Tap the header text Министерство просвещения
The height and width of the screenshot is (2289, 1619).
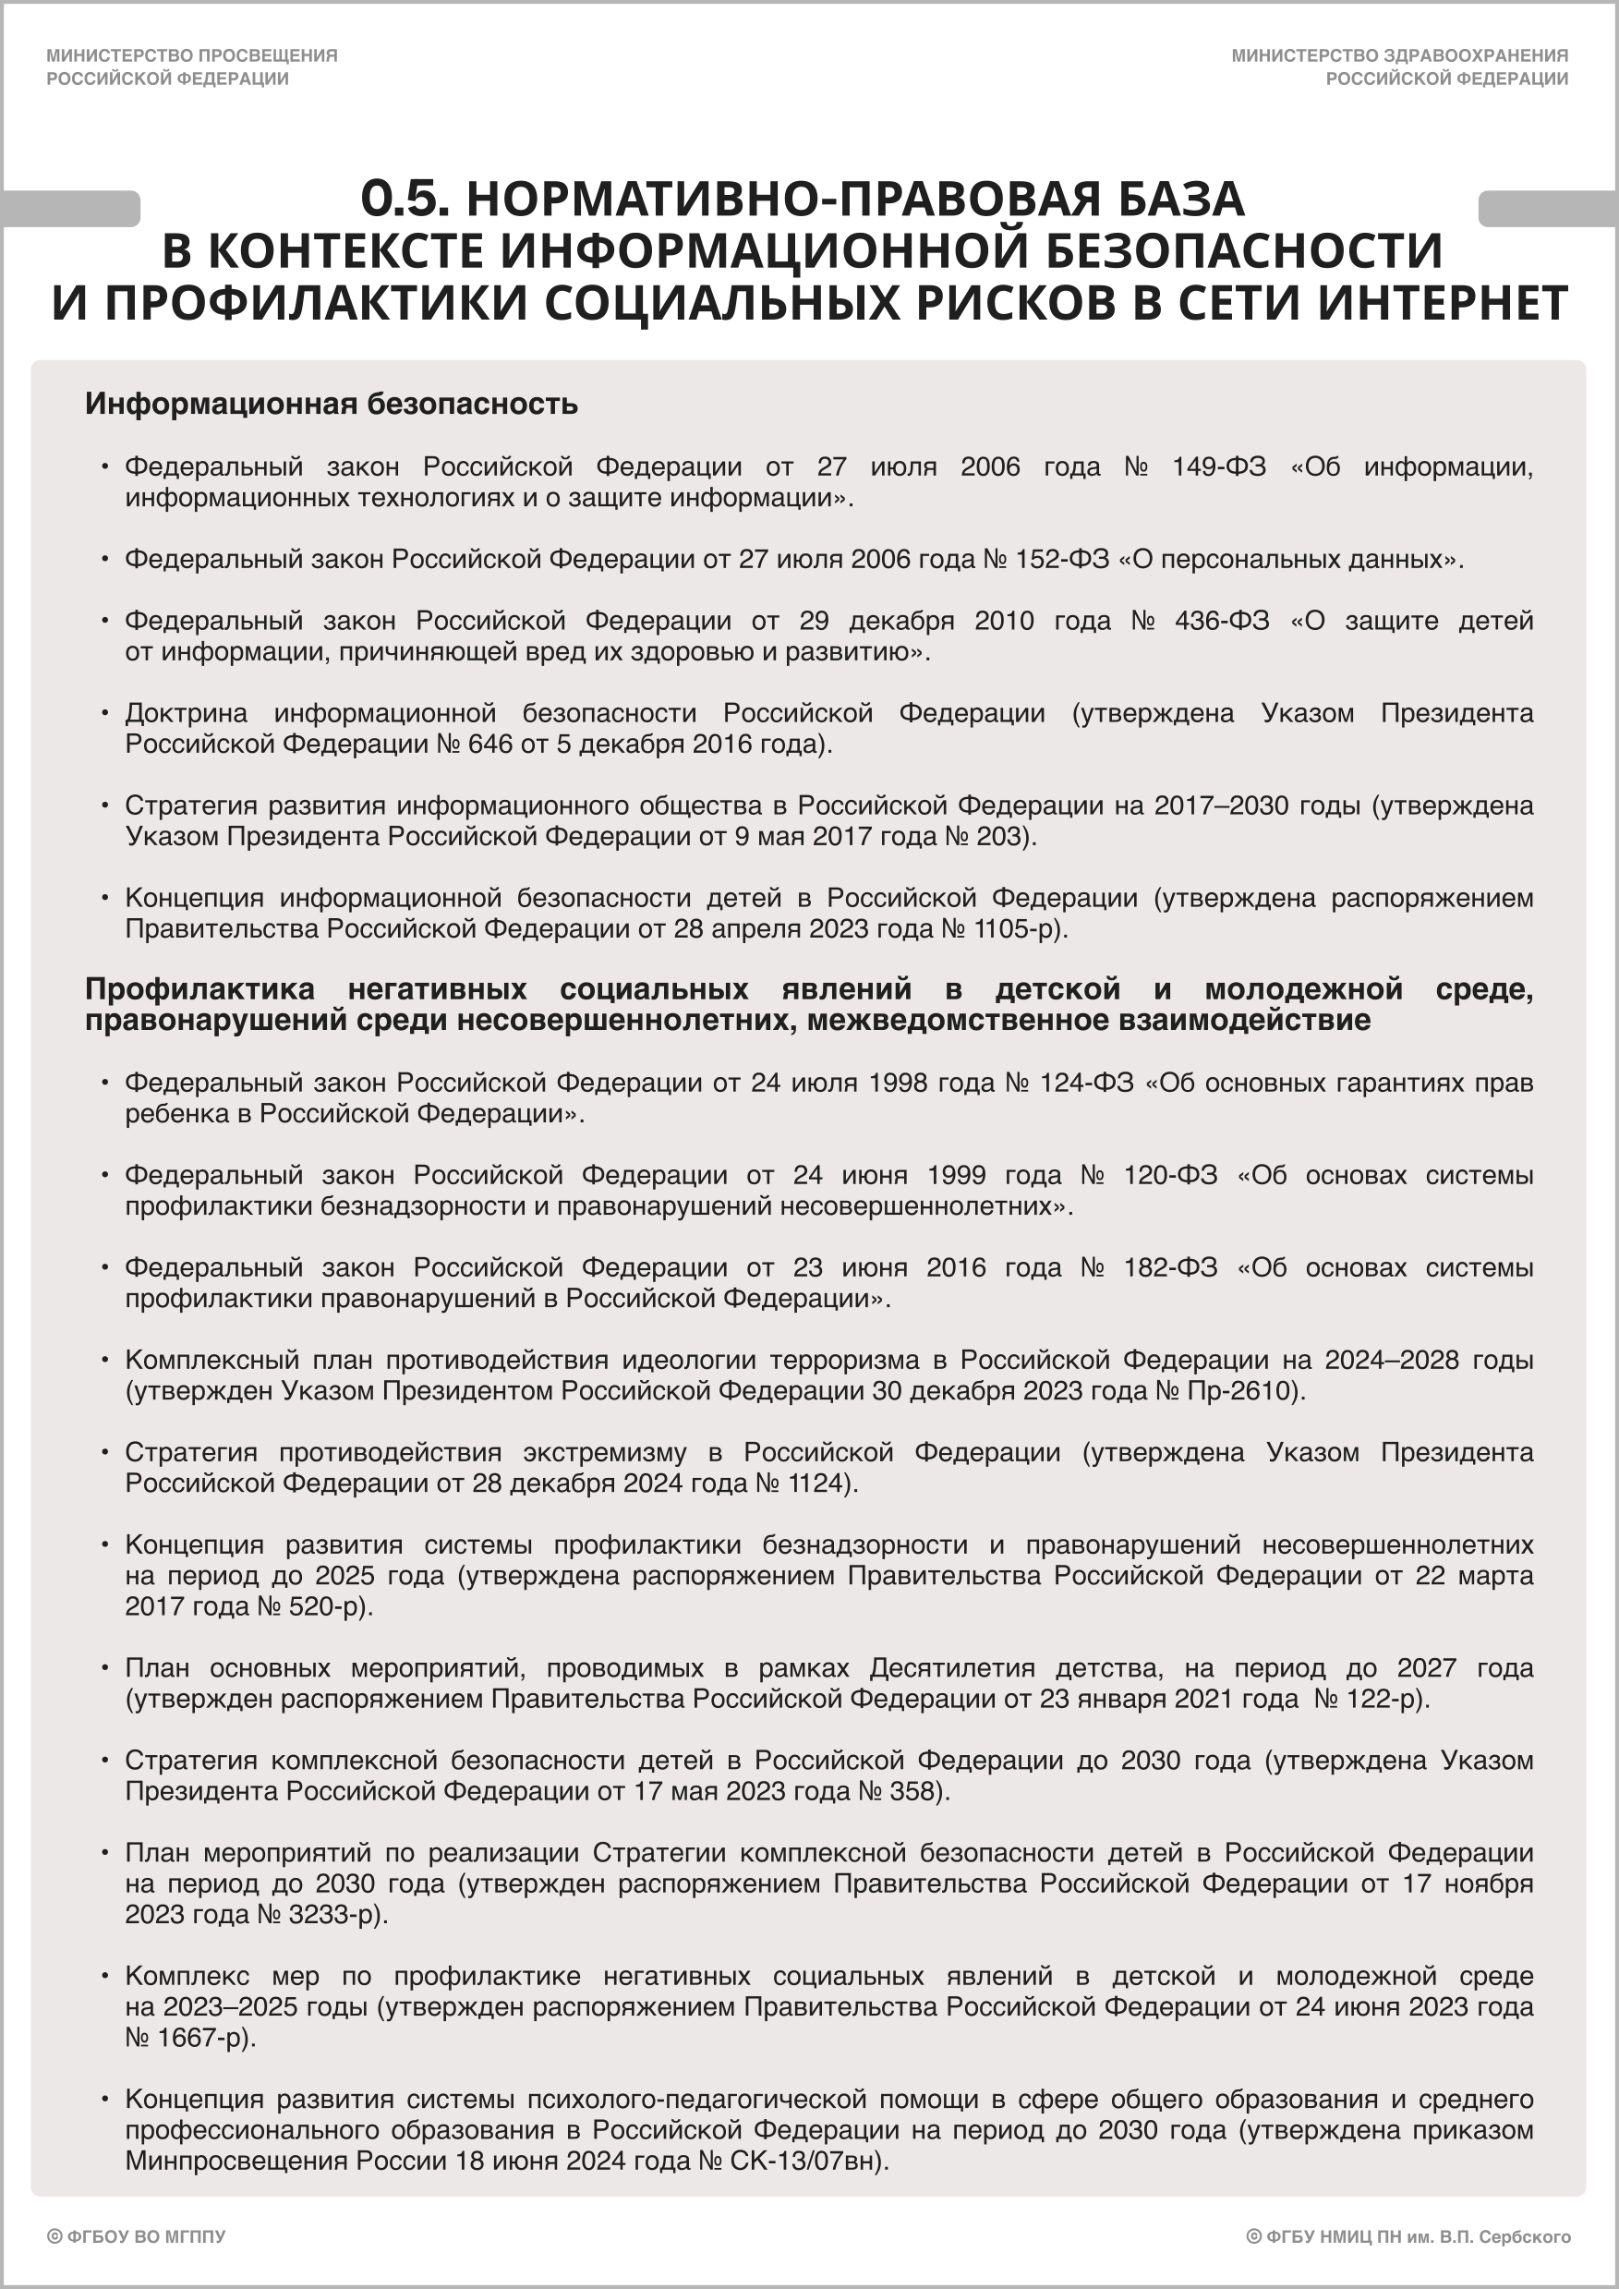(x=191, y=55)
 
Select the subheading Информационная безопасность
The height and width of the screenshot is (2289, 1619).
(x=331, y=404)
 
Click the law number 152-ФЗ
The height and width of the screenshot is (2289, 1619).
(x=1062, y=559)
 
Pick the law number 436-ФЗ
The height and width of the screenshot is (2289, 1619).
(x=1221, y=621)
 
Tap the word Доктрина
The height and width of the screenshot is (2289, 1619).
(x=187, y=713)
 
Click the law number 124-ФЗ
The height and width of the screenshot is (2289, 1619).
(x=1087, y=1083)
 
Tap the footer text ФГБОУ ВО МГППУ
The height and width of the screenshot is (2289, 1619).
(x=146, y=2237)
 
